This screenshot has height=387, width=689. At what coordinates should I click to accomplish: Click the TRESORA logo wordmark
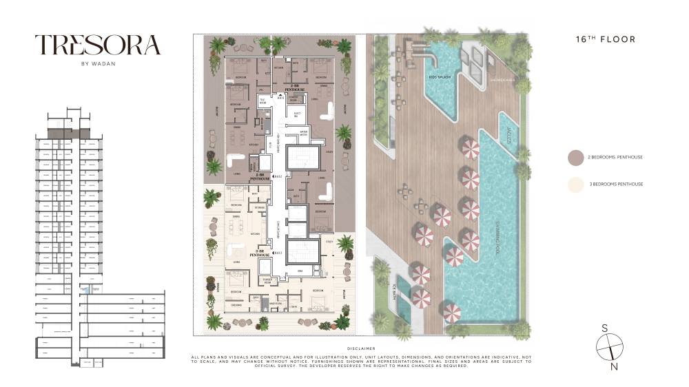(x=98, y=45)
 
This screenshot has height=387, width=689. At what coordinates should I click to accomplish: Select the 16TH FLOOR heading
(x=605, y=39)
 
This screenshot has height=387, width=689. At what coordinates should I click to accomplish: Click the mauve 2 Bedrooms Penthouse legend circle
(x=575, y=157)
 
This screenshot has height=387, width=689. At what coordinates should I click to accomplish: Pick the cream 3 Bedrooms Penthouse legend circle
(x=575, y=184)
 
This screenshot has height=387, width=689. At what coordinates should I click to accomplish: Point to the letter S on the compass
(x=604, y=328)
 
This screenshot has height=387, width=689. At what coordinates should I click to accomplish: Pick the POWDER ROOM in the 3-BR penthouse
(x=267, y=280)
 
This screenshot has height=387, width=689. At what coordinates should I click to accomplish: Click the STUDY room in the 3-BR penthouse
(x=329, y=241)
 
